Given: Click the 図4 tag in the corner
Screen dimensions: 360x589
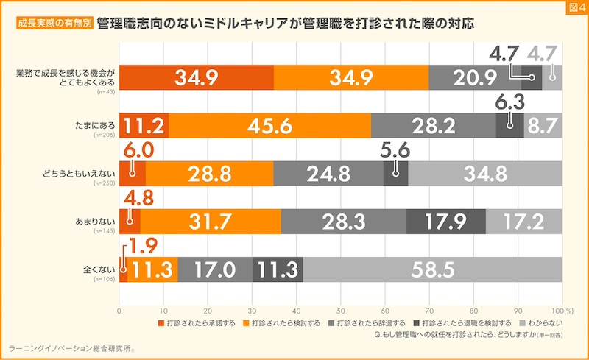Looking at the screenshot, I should [x=574, y=8].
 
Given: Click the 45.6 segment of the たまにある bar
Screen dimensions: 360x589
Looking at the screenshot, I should [x=269, y=125].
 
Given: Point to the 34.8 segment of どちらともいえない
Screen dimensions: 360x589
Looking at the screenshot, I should [x=485, y=174].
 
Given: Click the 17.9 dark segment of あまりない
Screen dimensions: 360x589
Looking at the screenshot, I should [x=445, y=221].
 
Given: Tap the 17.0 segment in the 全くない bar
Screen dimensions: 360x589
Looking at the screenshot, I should [x=215, y=269].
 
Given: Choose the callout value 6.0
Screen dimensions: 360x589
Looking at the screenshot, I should [x=141, y=148].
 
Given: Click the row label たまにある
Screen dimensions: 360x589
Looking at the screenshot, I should [x=92, y=123].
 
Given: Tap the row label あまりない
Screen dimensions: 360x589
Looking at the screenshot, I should [x=91, y=219].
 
